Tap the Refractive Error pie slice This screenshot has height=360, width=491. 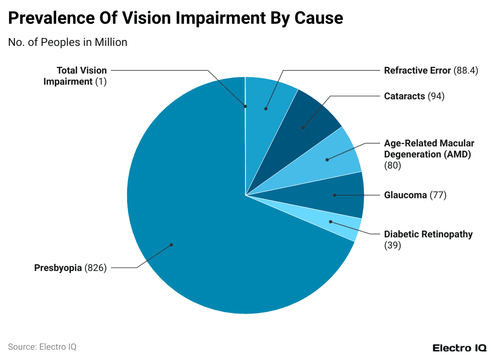pyautogui.click(x=269, y=99)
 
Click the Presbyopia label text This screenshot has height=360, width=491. pyautogui.click(x=58, y=268)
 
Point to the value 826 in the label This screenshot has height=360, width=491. pyautogui.click(x=95, y=268)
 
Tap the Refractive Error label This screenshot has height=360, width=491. pyautogui.click(x=417, y=70)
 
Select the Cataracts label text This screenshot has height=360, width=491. pyautogui.click(x=404, y=96)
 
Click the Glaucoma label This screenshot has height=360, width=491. pyautogui.click(x=405, y=195)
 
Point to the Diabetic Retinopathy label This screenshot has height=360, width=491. pyautogui.click(x=428, y=234)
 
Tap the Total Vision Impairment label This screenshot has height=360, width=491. pyautogui.click(x=75, y=76)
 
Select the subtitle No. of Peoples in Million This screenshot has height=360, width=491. pyautogui.click(x=67, y=42)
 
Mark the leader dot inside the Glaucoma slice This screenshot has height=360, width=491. pyautogui.click(x=335, y=195)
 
